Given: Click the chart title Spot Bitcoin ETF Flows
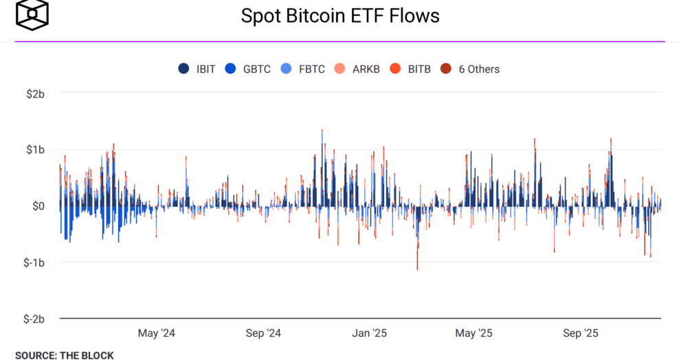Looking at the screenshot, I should (x=340, y=16).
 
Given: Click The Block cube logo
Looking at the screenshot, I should (x=32, y=15).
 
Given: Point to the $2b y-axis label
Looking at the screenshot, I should (x=34, y=93).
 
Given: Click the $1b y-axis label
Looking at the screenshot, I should (x=34, y=150).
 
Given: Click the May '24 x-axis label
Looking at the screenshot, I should (x=157, y=333).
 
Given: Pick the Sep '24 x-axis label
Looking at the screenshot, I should (x=263, y=333).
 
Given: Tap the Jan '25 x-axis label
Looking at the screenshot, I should (x=370, y=333).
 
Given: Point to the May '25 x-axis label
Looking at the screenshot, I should (x=474, y=333).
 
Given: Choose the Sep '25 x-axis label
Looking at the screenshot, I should (x=581, y=333).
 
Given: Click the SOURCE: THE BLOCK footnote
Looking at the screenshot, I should (x=65, y=355).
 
